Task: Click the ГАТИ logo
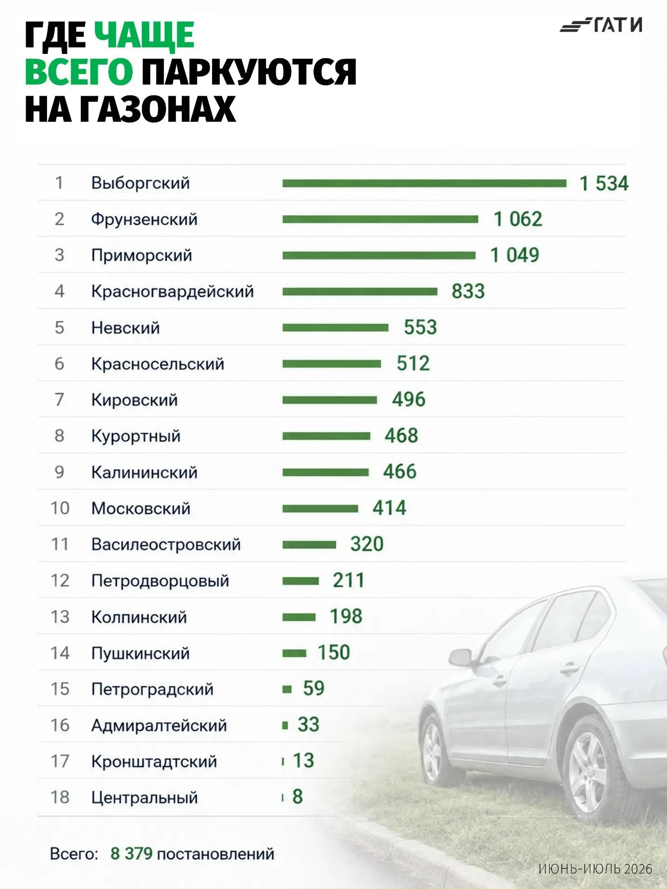coord(601,25)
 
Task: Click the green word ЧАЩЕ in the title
coord(145,35)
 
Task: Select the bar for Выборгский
coord(424,183)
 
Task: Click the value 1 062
coord(518,219)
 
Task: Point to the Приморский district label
coord(141,255)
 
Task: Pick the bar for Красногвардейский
coord(360,292)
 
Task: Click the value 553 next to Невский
coord(420,327)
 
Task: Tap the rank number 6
coord(59,364)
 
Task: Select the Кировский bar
coord(329,400)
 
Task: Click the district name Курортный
coord(136,436)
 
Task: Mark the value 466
coord(400,472)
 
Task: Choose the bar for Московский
coord(320,508)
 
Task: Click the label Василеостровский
coord(166,544)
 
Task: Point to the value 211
coord(348,580)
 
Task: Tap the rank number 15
coord(60,689)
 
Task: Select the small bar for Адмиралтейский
coord(285,725)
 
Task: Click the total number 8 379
coord(131,854)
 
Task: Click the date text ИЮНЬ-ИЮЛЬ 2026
coord(595,869)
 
